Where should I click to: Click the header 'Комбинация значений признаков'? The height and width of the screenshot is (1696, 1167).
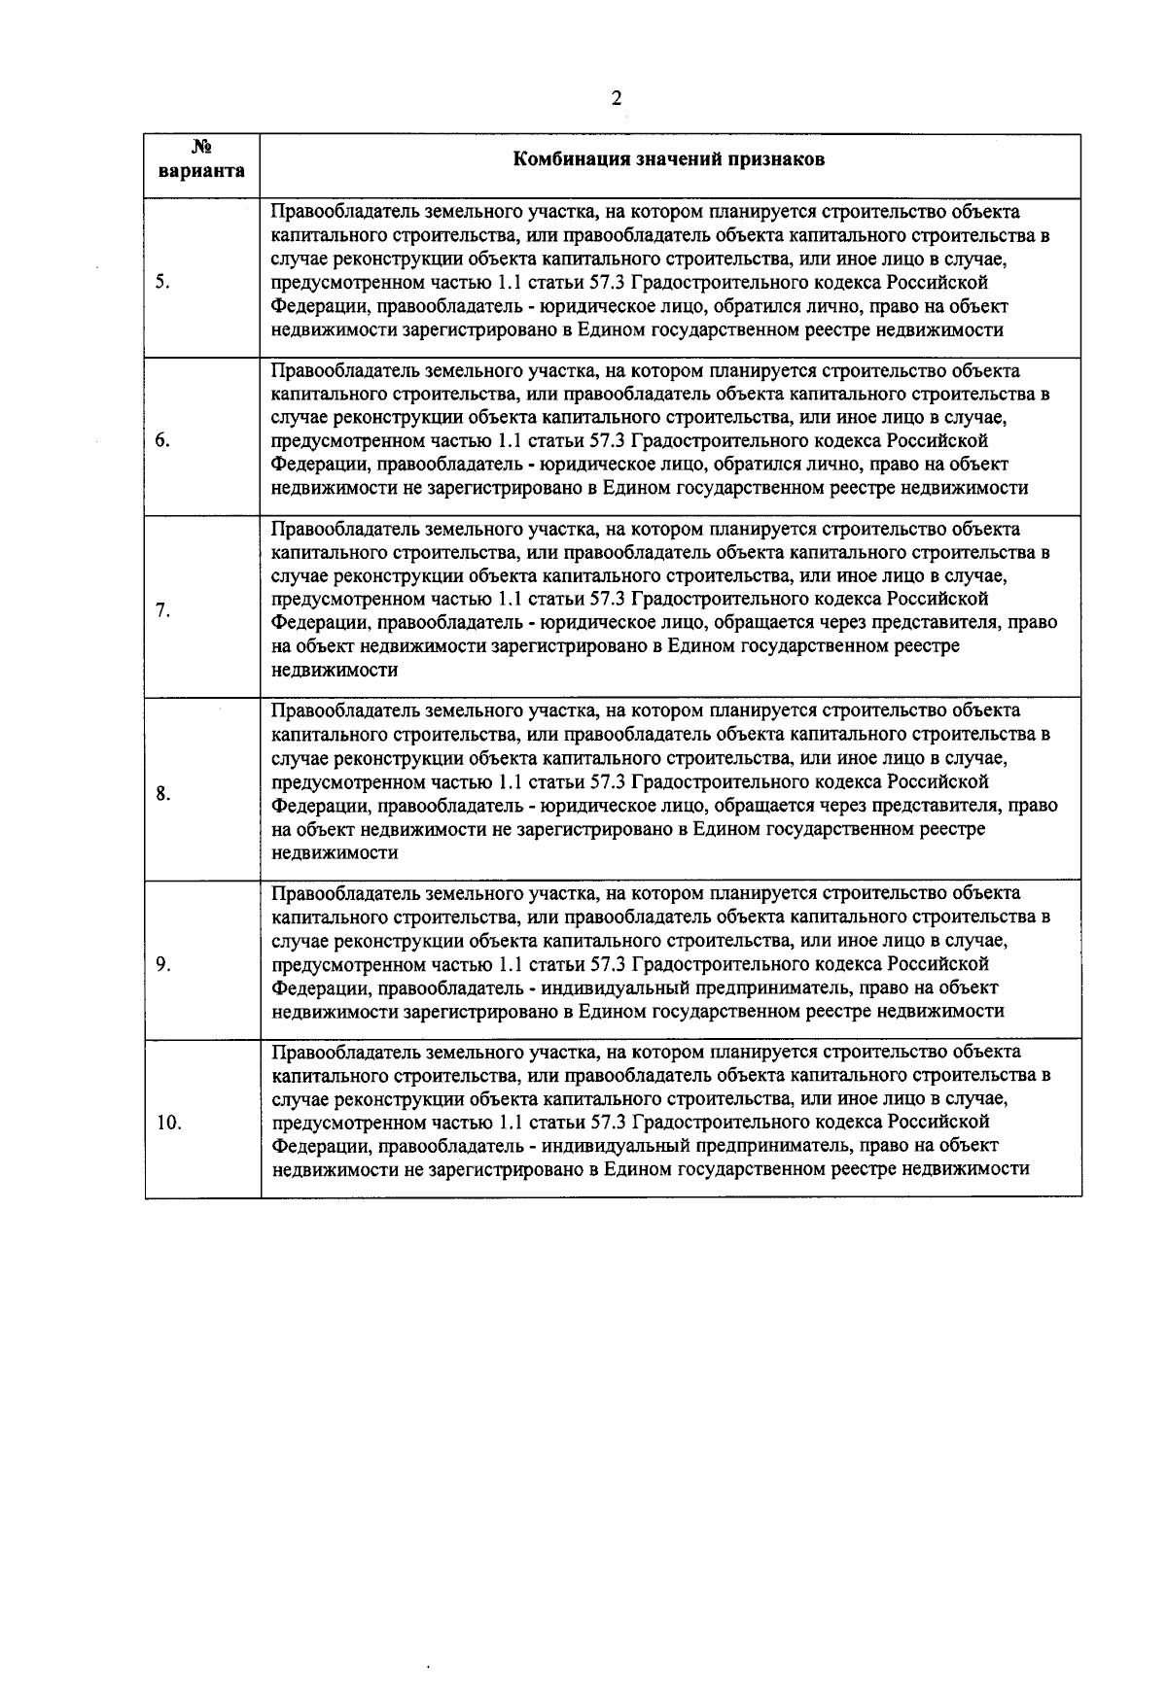pos(669,159)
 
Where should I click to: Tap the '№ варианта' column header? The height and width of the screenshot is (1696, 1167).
pos(202,159)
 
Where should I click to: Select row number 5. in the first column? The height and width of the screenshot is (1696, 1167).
pos(162,283)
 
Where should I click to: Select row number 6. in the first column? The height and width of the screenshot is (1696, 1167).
pos(162,441)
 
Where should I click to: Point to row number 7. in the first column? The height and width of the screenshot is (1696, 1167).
pos(162,610)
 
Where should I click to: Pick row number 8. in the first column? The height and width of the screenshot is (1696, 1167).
pos(162,794)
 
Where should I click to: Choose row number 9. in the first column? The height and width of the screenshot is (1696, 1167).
pos(162,964)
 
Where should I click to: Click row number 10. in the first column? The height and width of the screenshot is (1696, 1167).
pos(168,1123)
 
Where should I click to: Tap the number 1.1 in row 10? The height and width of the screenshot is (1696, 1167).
pos(512,1123)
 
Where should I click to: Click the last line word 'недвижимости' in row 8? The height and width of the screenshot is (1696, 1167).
pos(336,852)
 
